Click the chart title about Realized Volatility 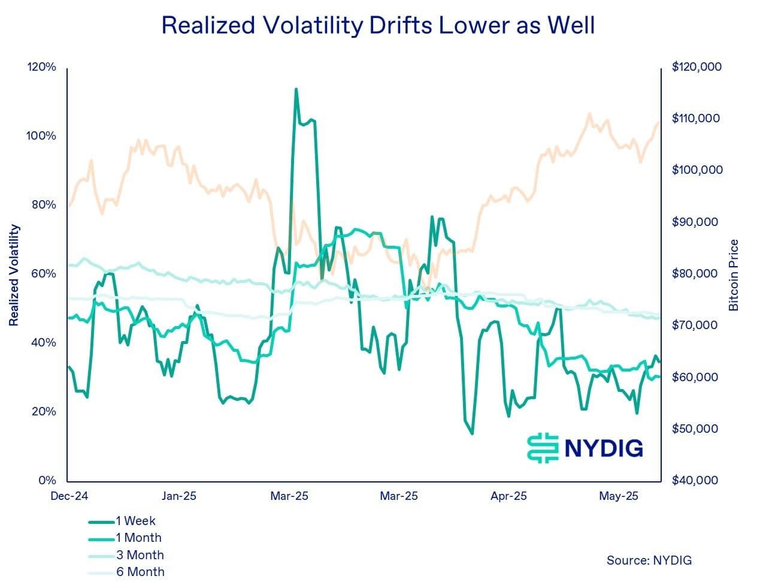point(378,26)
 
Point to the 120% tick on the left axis point(41,67)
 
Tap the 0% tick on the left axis point(46,481)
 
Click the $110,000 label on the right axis point(696,119)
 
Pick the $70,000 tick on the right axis point(695,325)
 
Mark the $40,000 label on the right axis point(695,481)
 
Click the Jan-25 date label point(178,496)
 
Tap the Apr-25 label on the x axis point(508,496)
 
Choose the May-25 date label point(619,496)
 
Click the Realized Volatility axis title point(14,275)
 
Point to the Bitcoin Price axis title point(734,275)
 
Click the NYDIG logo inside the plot point(585,448)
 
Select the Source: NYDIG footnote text point(649,560)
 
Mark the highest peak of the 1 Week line point(296,89)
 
